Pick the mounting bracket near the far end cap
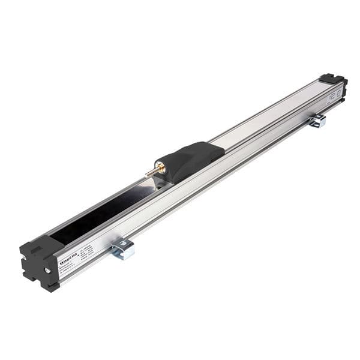click(x=317, y=121)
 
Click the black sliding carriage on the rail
click(x=190, y=159)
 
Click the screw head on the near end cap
click(x=47, y=271)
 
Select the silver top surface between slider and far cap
click(x=270, y=114)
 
